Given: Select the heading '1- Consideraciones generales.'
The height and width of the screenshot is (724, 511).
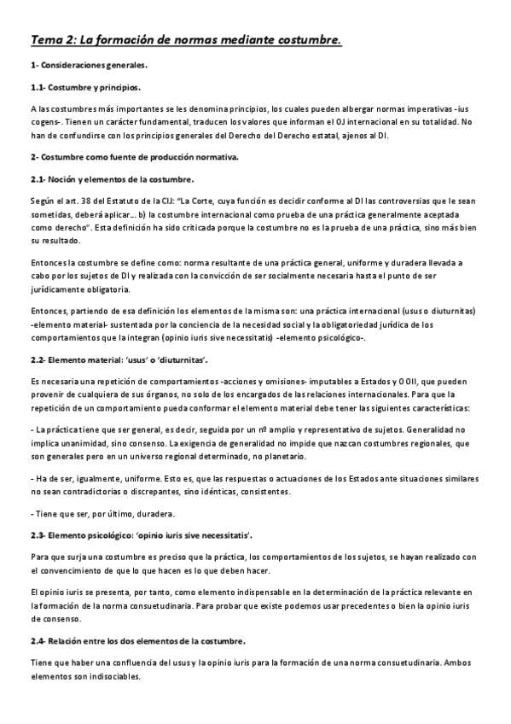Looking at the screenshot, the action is [x=89, y=65].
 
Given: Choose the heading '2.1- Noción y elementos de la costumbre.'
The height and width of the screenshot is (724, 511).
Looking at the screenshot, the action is [x=112, y=178].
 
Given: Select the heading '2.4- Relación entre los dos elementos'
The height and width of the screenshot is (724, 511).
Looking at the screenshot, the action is [x=137, y=640].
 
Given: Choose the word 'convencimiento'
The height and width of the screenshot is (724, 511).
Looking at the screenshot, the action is [x=75, y=570].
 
